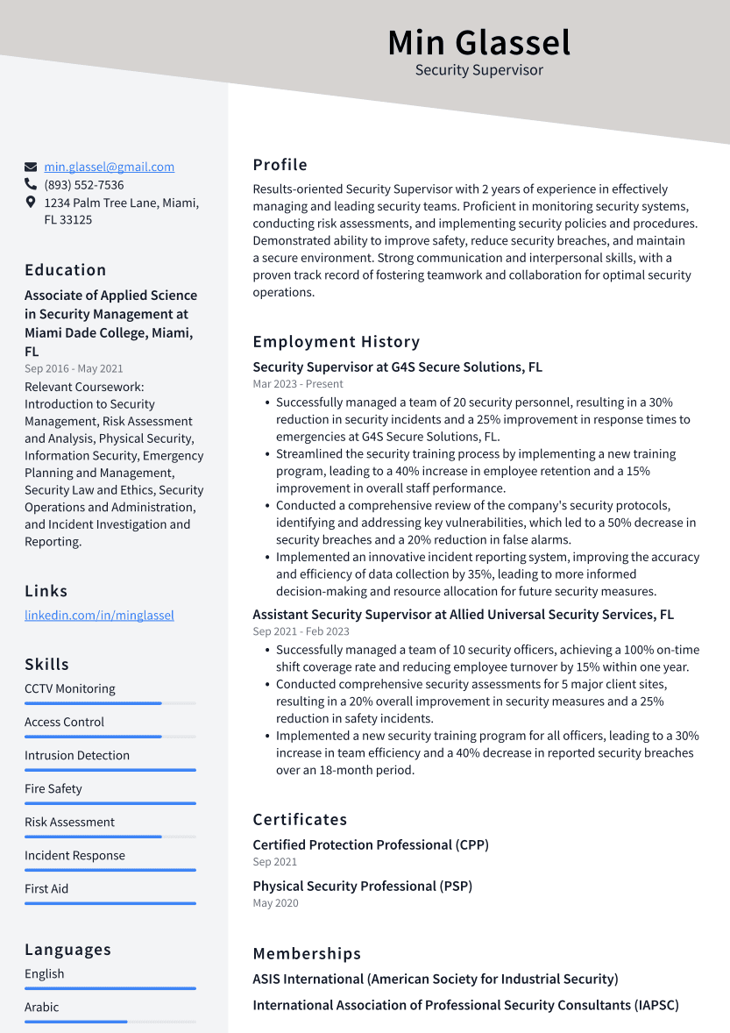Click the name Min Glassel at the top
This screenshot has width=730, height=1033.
[478, 42]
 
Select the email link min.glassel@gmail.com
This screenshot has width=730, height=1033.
[109, 167]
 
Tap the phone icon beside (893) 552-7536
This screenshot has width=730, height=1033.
[31, 185]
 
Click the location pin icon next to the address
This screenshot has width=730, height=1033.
[31, 203]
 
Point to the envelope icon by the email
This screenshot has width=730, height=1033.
[31, 167]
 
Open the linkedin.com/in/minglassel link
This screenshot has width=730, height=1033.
[99, 616]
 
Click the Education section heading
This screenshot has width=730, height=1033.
[65, 270]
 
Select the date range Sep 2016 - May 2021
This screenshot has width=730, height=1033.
[74, 369]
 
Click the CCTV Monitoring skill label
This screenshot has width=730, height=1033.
[69, 689]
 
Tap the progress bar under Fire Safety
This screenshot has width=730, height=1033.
[110, 803]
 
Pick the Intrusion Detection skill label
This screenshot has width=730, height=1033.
[77, 756]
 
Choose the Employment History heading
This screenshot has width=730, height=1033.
[336, 342]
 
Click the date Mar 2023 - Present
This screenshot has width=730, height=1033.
[298, 384]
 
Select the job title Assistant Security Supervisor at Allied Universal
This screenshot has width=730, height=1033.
[463, 615]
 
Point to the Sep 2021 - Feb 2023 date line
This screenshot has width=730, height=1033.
[301, 631]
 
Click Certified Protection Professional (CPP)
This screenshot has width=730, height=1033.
[371, 845]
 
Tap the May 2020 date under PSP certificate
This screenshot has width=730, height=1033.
[275, 903]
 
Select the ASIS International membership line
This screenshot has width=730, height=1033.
[435, 980]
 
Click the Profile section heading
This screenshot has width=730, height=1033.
[280, 165]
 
